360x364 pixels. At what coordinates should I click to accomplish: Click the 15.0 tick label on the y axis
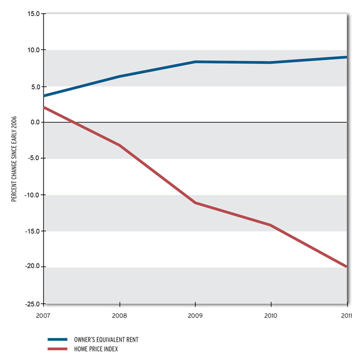[x=34, y=14]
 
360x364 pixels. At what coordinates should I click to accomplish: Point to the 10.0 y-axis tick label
[x=34, y=50]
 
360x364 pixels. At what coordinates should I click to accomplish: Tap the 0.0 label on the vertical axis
[x=35, y=122]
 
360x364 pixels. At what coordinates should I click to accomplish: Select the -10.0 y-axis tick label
[x=33, y=195]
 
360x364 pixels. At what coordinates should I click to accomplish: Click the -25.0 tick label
[x=33, y=303]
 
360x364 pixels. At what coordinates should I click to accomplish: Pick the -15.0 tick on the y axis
[x=33, y=231]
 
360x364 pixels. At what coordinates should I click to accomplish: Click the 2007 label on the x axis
[x=44, y=315]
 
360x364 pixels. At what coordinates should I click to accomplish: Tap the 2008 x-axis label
[x=119, y=315]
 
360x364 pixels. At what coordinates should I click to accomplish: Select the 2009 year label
[x=195, y=315]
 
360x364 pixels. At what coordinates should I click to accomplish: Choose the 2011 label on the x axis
[x=346, y=315]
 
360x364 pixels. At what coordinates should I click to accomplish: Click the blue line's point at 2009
[x=195, y=62]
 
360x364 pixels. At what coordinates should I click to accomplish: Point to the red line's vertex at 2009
[x=195, y=202]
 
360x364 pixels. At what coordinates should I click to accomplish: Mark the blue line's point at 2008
[x=119, y=76]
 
